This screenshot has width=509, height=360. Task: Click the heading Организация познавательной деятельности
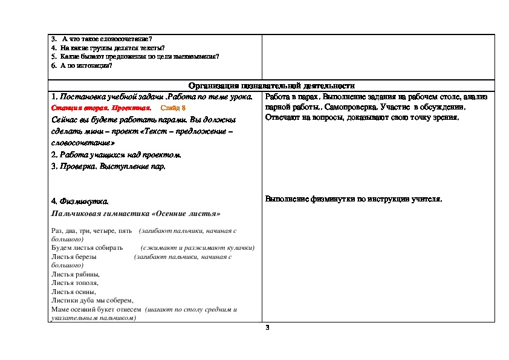pyautogui.click(x=271, y=86)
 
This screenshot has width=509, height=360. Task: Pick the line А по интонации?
pyautogui.click(x=85, y=65)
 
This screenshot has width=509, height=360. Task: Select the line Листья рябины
pyautogui.click(x=76, y=274)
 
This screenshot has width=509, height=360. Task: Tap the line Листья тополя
pyautogui.click(x=75, y=283)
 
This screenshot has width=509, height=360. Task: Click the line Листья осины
pyautogui.click(x=74, y=292)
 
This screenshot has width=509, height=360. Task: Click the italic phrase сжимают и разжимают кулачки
pyautogui.click(x=197, y=248)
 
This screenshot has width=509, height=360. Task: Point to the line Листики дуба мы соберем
pyautogui.click(x=92, y=300)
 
